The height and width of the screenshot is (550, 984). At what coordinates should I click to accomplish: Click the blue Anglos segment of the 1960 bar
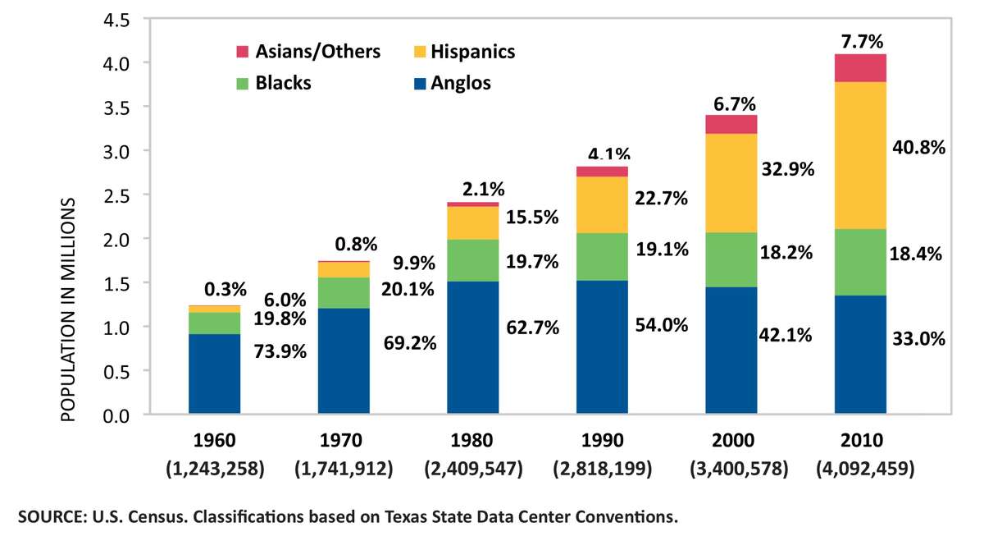point(214,374)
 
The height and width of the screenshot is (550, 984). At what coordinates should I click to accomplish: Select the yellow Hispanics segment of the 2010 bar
point(860,155)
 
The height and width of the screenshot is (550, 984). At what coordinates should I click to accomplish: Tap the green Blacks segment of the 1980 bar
point(472,260)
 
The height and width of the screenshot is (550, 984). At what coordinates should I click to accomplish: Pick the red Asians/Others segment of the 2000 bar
point(731,124)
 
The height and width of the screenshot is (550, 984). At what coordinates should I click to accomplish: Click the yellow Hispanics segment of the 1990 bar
point(602,204)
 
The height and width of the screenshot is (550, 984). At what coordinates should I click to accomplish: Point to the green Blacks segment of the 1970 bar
point(344,292)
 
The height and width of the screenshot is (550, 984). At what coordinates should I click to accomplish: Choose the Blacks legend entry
point(274,83)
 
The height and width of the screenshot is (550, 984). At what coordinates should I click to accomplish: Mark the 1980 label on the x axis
point(472,440)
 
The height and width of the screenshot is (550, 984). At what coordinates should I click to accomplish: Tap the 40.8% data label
point(918,149)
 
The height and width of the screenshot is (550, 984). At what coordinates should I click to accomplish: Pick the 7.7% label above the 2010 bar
point(860,41)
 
